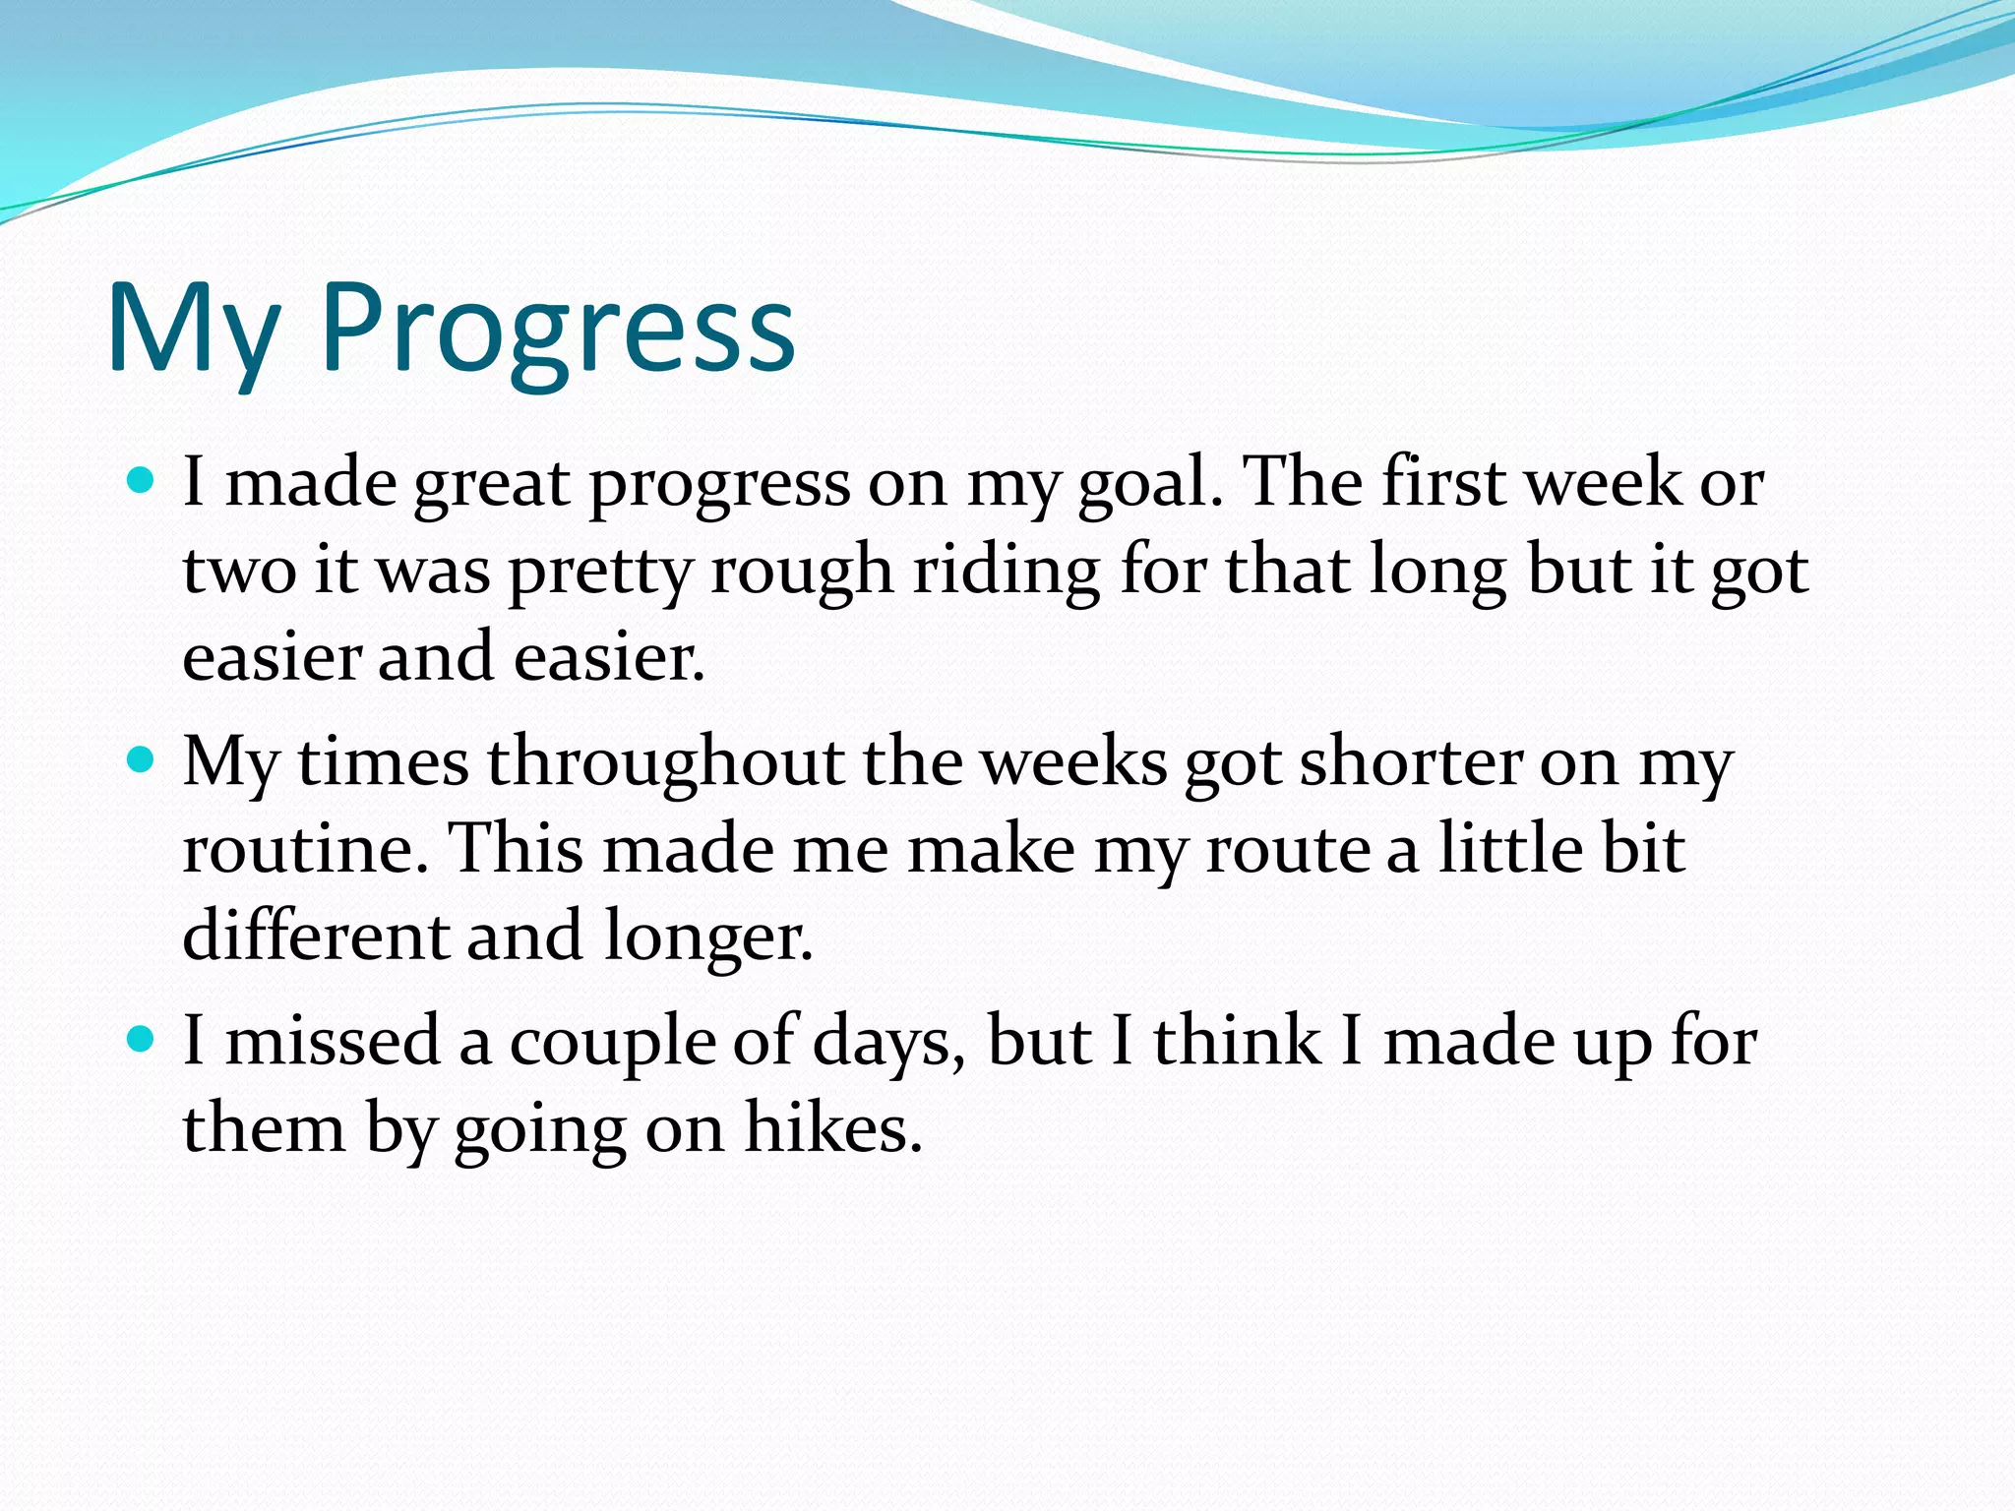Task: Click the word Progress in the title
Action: click(557, 330)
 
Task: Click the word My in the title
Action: click(193, 330)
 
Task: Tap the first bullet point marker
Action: click(142, 481)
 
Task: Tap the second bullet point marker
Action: click(142, 759)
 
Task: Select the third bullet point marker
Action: click(142, 1039)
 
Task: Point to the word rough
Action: click(802, 571)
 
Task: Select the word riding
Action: click(1007, 571)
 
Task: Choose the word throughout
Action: click(666, 762)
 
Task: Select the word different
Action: click(316, 935)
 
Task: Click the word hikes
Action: click(833, 1128)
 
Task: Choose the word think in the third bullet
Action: click(1237, 1042)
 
